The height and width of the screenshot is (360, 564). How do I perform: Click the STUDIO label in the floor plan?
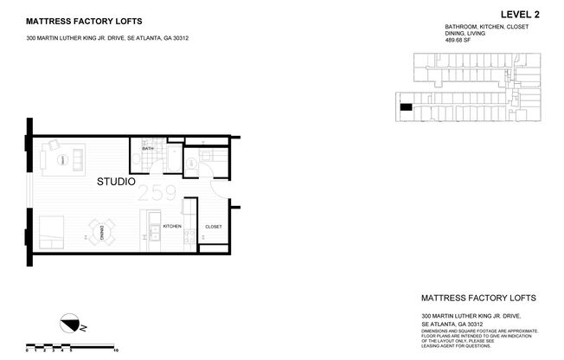pyautogui.click(x=114, y=183)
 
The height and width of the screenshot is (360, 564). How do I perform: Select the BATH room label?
pyautogui.click(x=147, y=149)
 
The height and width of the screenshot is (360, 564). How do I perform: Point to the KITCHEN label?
pyautogui.click(x=172, y=227)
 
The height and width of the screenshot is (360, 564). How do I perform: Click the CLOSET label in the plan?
pyautogui.click(x=213, y=227)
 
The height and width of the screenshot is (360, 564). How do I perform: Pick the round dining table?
pyautogui.click(x=101, y=231)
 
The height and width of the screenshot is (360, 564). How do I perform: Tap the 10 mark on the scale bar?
pyautogui.click(x=116, y=351)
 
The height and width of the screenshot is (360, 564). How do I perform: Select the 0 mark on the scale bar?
pyautogui.click(x=28, y=351)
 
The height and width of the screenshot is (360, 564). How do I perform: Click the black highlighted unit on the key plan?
pyautogui.click(x=405, y=106)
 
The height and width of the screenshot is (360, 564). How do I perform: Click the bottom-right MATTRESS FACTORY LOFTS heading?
pyautogui.click(x=478, y=298)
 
